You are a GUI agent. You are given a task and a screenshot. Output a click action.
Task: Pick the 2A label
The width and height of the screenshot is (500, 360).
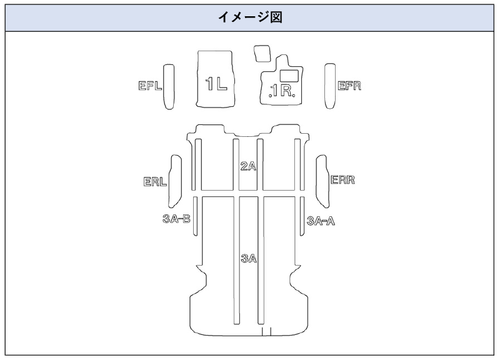249,166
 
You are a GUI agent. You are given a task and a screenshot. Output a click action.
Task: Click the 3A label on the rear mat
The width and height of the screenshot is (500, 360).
249,258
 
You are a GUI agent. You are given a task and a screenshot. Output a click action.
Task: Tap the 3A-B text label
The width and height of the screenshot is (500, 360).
176,219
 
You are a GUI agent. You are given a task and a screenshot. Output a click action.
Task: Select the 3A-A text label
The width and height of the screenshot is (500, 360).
321,219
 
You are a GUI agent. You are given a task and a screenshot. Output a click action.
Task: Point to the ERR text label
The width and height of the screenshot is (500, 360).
342,180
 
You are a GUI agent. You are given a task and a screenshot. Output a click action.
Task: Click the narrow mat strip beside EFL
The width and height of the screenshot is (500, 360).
169,86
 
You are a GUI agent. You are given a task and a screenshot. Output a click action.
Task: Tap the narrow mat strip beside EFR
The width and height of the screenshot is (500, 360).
329,86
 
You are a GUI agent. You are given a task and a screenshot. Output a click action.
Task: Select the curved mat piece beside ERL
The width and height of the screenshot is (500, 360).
174,181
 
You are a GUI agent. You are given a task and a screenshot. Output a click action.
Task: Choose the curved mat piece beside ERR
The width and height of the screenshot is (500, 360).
322,181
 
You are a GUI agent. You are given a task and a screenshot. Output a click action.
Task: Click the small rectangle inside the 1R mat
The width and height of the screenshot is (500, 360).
288,75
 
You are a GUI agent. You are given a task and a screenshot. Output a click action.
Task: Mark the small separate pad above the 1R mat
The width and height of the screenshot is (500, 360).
261,53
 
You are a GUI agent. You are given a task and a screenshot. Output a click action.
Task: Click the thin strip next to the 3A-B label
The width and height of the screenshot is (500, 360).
196,216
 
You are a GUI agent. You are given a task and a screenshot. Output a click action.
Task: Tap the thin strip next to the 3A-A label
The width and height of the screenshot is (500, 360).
302,216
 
